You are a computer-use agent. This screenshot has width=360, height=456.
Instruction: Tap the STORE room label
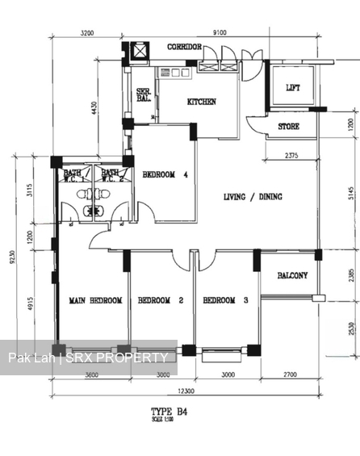pos(289,127)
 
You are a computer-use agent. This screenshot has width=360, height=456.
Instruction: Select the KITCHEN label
pos(202,102)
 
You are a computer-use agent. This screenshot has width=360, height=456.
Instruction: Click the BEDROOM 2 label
pos(161,300)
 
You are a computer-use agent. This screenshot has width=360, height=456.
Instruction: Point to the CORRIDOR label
pos(184,48)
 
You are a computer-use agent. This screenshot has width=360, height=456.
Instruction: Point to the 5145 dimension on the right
pos(341,194)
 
